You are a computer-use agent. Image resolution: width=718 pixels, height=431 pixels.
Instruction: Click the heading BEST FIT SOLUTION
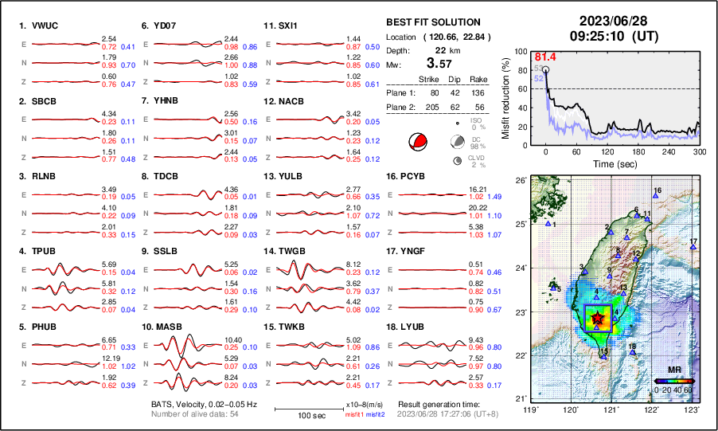(432, 22)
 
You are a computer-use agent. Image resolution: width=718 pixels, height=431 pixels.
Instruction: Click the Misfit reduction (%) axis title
(507, 97)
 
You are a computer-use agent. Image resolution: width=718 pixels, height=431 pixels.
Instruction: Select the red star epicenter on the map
(598, 319)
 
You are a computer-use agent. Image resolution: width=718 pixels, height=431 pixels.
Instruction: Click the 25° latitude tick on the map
(519, 224)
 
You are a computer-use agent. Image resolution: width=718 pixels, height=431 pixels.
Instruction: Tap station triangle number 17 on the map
(693, 247)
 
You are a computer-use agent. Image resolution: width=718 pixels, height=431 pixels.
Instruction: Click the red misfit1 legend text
(352, 415)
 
